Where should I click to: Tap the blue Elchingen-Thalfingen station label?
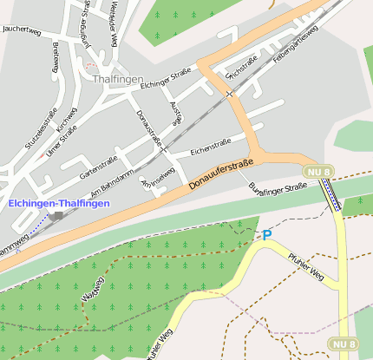pos(59,203)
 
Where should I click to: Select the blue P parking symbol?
pos(266,235)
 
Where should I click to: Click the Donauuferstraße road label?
pos(220,173)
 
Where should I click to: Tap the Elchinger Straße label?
pos(165,81)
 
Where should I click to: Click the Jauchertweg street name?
pos(23,29)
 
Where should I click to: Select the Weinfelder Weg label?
pos(114,25)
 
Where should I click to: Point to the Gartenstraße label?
pos(98,161)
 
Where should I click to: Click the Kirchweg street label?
pos(67,121)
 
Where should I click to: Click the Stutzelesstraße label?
pos(40,129)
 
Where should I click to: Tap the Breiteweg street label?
pos(56,58)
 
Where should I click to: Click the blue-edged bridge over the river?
pos(331,196)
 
